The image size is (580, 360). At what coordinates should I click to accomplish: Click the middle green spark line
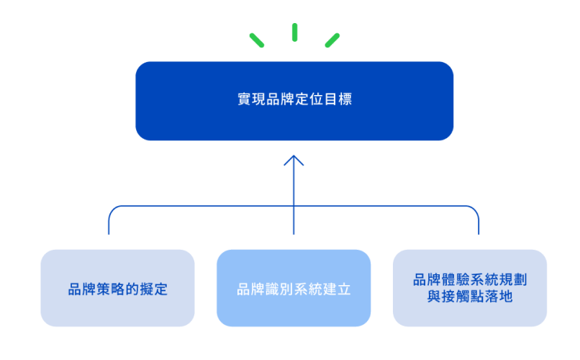coord(294,32)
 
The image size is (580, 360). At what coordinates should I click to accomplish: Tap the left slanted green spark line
coord(257,40)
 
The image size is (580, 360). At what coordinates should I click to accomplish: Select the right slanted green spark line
coord(332,40)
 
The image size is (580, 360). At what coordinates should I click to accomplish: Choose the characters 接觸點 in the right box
coord(456,296)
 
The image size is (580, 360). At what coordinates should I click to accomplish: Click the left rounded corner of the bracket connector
coord(112,210)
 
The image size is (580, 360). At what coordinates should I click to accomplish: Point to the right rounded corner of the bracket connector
coord(475,210)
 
